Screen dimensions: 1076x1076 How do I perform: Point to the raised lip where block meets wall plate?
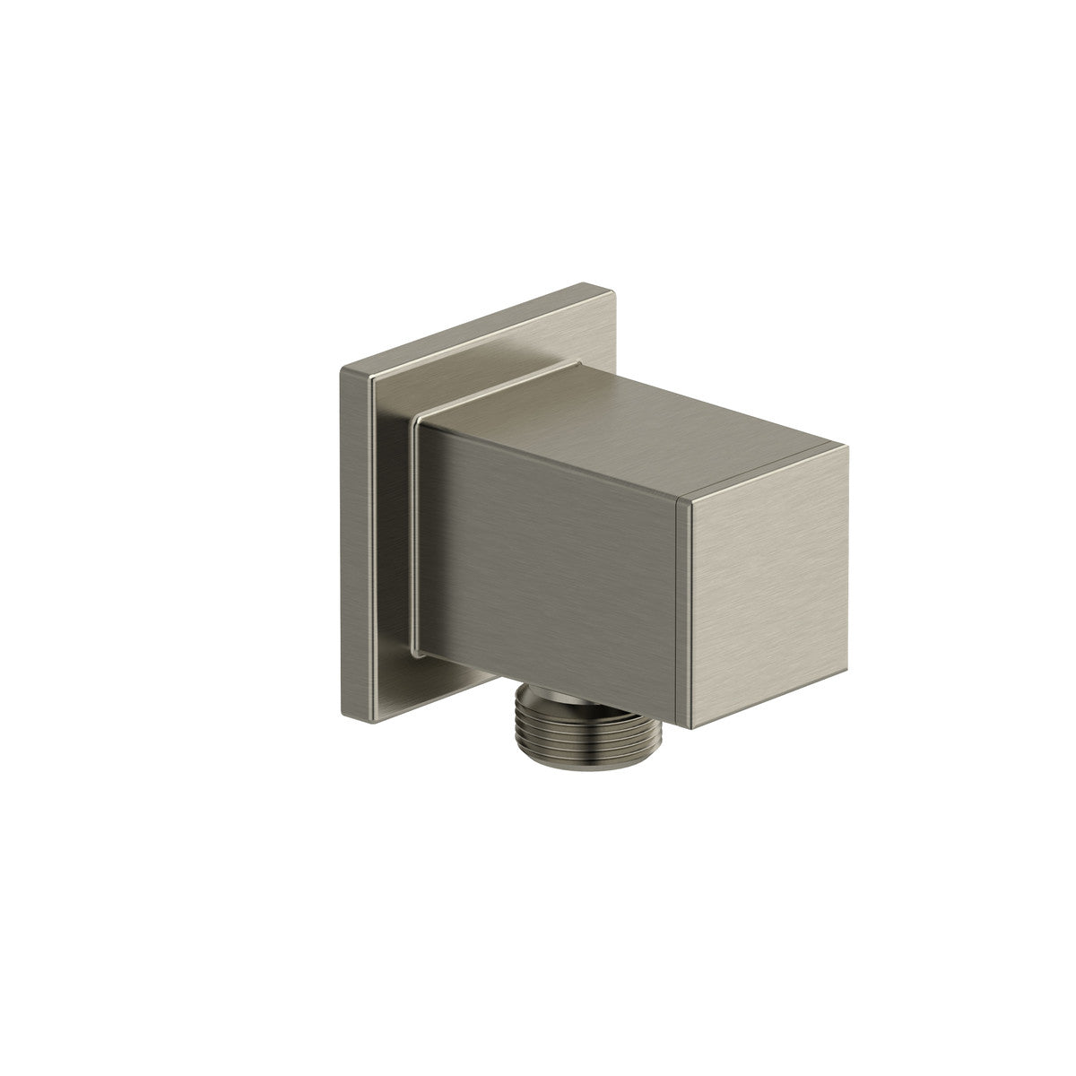coord(413,538)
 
